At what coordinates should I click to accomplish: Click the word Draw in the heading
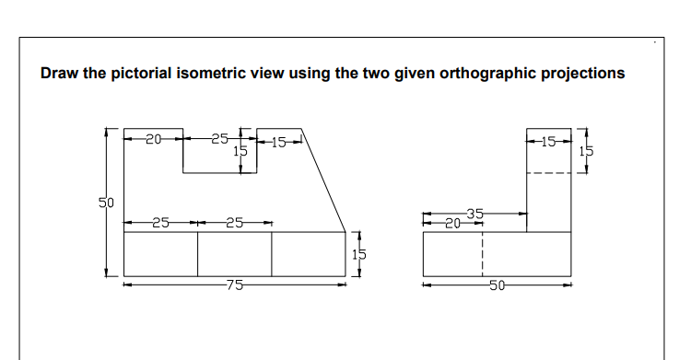pos(59,74)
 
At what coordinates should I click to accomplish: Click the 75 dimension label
pos(235,285)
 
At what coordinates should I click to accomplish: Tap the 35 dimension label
pos(474,214)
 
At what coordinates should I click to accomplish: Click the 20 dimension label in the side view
pos(451,222)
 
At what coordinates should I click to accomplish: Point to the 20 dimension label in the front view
pos(153,140)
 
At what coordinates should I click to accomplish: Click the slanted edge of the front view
pos(324,180)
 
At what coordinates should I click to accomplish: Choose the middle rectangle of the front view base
pos(234,253)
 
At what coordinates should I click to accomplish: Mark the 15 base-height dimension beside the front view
pos(361,253)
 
